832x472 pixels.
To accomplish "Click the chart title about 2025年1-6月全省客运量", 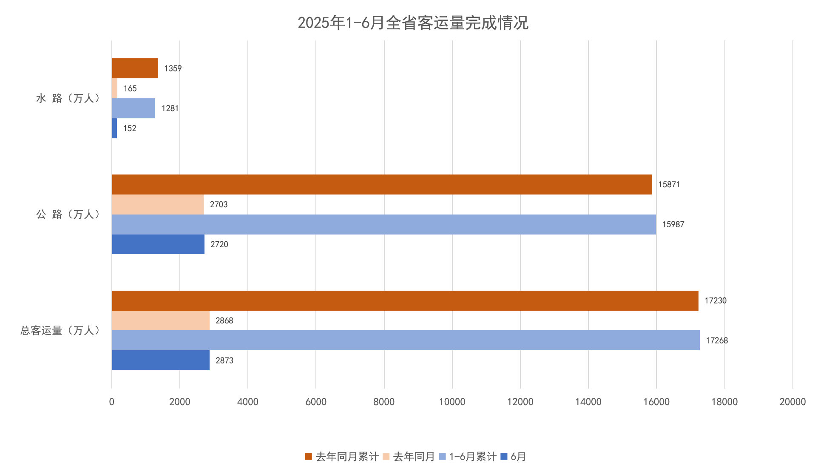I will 412,23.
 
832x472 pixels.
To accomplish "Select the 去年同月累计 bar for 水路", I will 135,68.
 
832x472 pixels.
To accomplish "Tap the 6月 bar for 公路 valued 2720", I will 158,244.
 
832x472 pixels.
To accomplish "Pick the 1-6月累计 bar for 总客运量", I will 406,340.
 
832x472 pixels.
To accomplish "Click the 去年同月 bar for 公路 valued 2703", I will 157,204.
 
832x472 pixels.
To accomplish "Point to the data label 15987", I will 673,224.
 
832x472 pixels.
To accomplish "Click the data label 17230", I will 715,300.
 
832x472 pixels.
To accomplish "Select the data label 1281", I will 170,108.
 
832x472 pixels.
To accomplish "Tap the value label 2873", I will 224,360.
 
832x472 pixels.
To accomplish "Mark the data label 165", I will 130,89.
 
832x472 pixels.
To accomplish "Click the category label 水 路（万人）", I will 68,98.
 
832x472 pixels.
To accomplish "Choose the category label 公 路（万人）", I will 68,214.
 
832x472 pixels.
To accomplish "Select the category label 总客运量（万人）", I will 60,330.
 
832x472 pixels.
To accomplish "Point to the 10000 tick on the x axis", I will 452,402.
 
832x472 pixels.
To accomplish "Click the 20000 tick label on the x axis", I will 792,402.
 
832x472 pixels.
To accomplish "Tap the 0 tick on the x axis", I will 112,402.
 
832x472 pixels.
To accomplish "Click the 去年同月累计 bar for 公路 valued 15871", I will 381,184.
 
